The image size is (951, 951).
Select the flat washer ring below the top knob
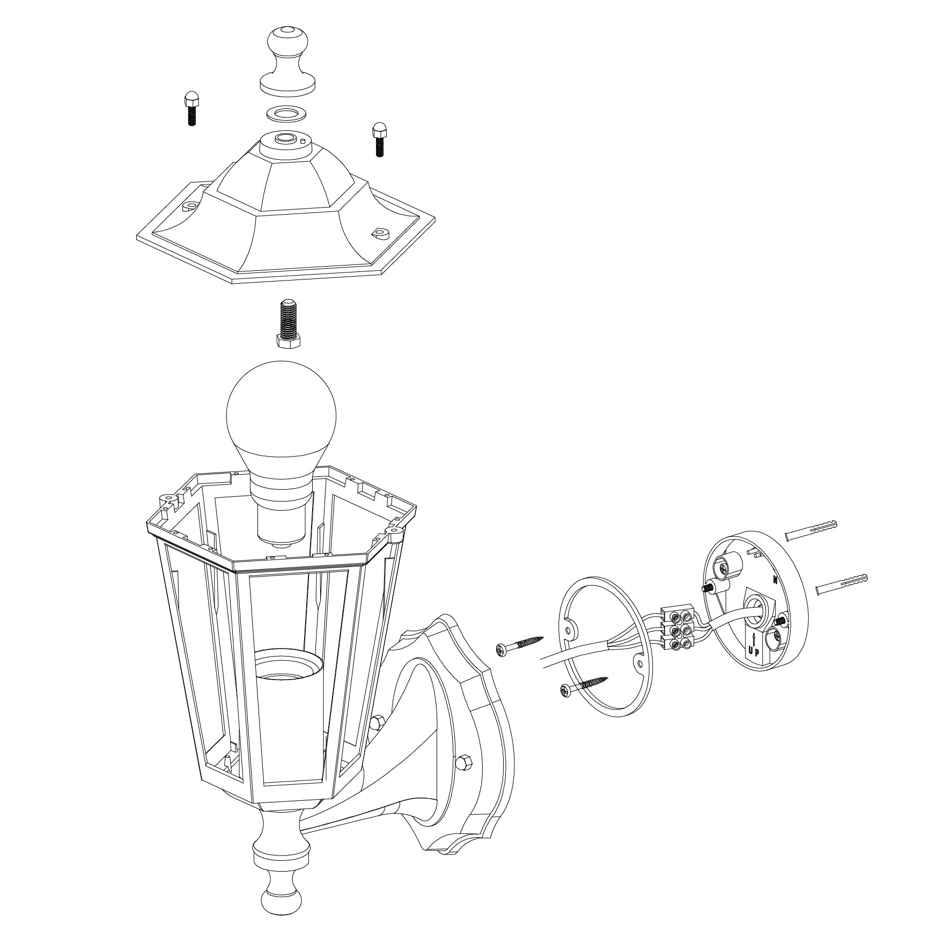click(286, 114)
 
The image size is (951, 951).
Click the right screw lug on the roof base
click(380, 233)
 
